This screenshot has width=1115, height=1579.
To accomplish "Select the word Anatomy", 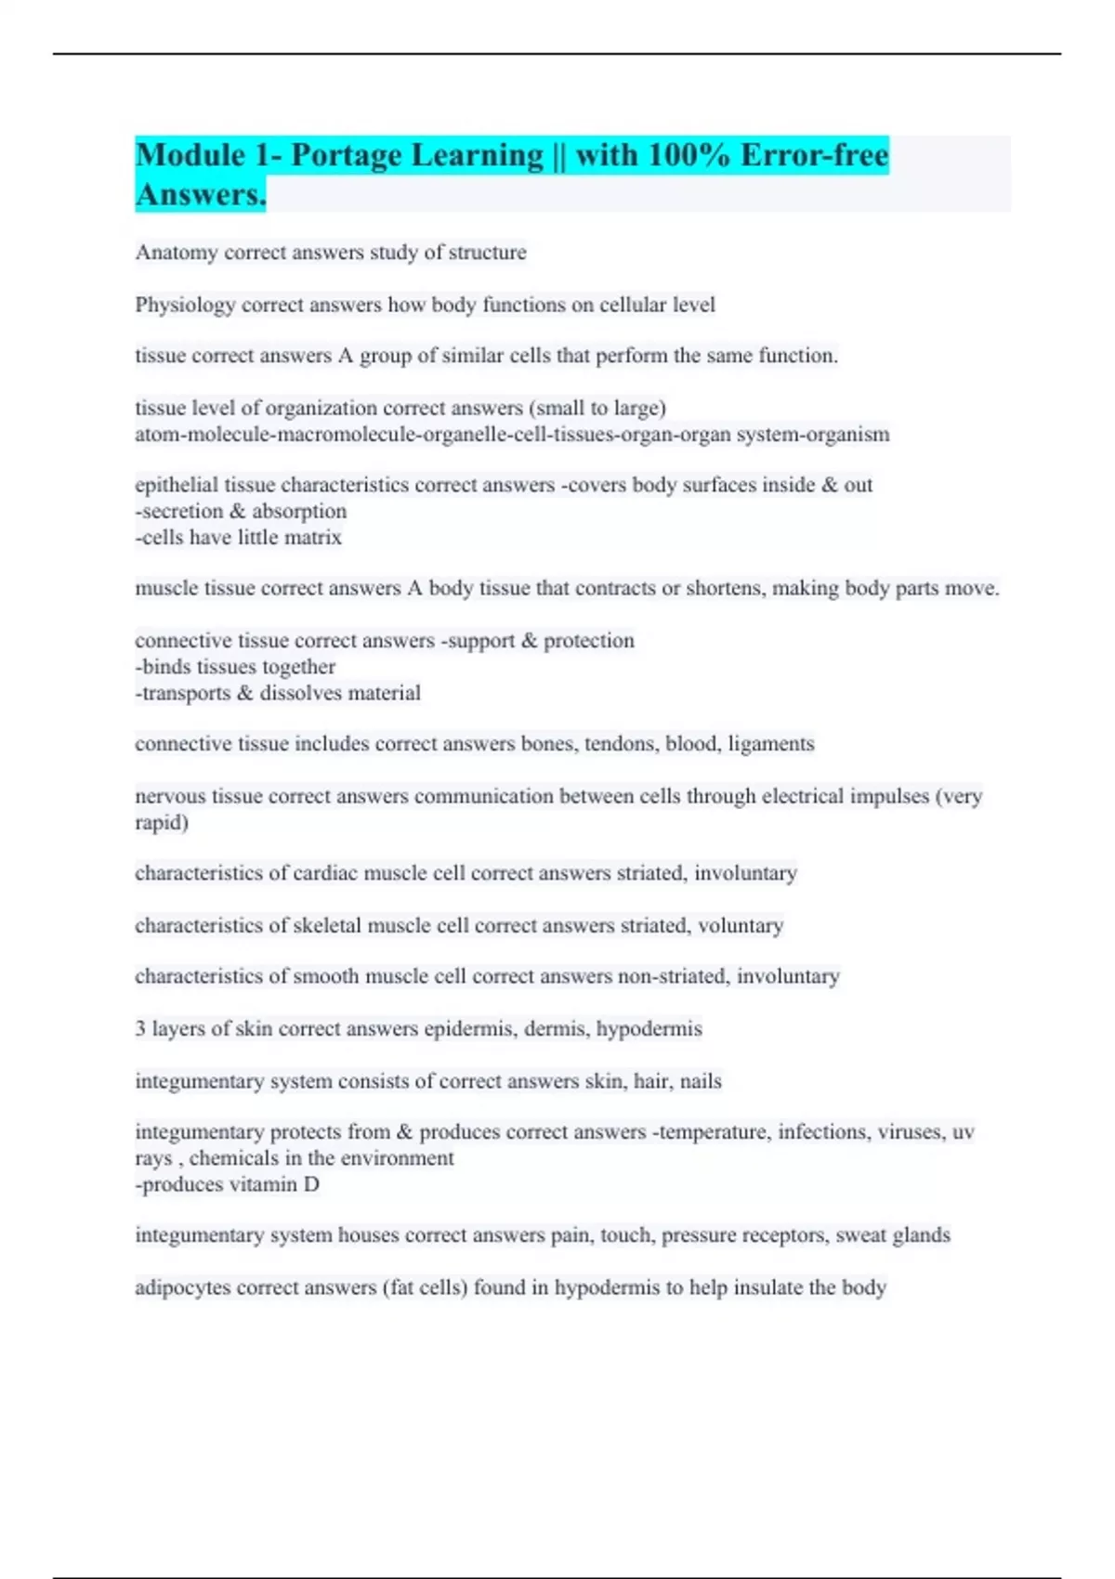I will [177, 253].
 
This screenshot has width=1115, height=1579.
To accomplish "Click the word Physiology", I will [185, 305].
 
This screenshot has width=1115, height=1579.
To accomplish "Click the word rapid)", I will [162, 822].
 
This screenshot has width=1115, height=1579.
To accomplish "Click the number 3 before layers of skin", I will [140, 1028].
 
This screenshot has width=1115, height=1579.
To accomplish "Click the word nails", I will [701, 1081].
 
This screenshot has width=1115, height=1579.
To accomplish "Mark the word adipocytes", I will [182, 1287].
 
